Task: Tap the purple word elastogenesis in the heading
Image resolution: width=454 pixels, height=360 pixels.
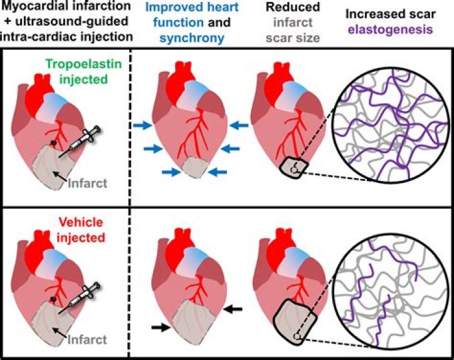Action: [x=395, y=28]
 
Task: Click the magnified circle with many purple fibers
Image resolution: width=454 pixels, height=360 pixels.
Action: [x=386, y=127]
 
